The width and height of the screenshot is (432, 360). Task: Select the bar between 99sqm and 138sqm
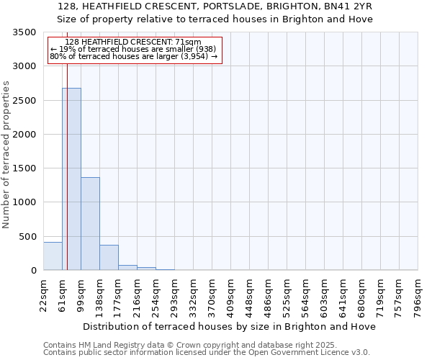[x=90, y=223]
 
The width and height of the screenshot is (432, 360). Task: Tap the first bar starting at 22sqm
[x=53, y=256]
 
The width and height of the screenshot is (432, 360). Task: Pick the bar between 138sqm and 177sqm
[x=109, y=257]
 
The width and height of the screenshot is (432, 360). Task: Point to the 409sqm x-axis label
[x=231, y=293]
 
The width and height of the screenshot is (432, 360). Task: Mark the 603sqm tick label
[x=325, y=293]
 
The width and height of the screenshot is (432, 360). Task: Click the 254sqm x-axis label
[x=156, y=293]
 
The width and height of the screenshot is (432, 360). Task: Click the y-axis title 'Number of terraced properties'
[x=6, y=155]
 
